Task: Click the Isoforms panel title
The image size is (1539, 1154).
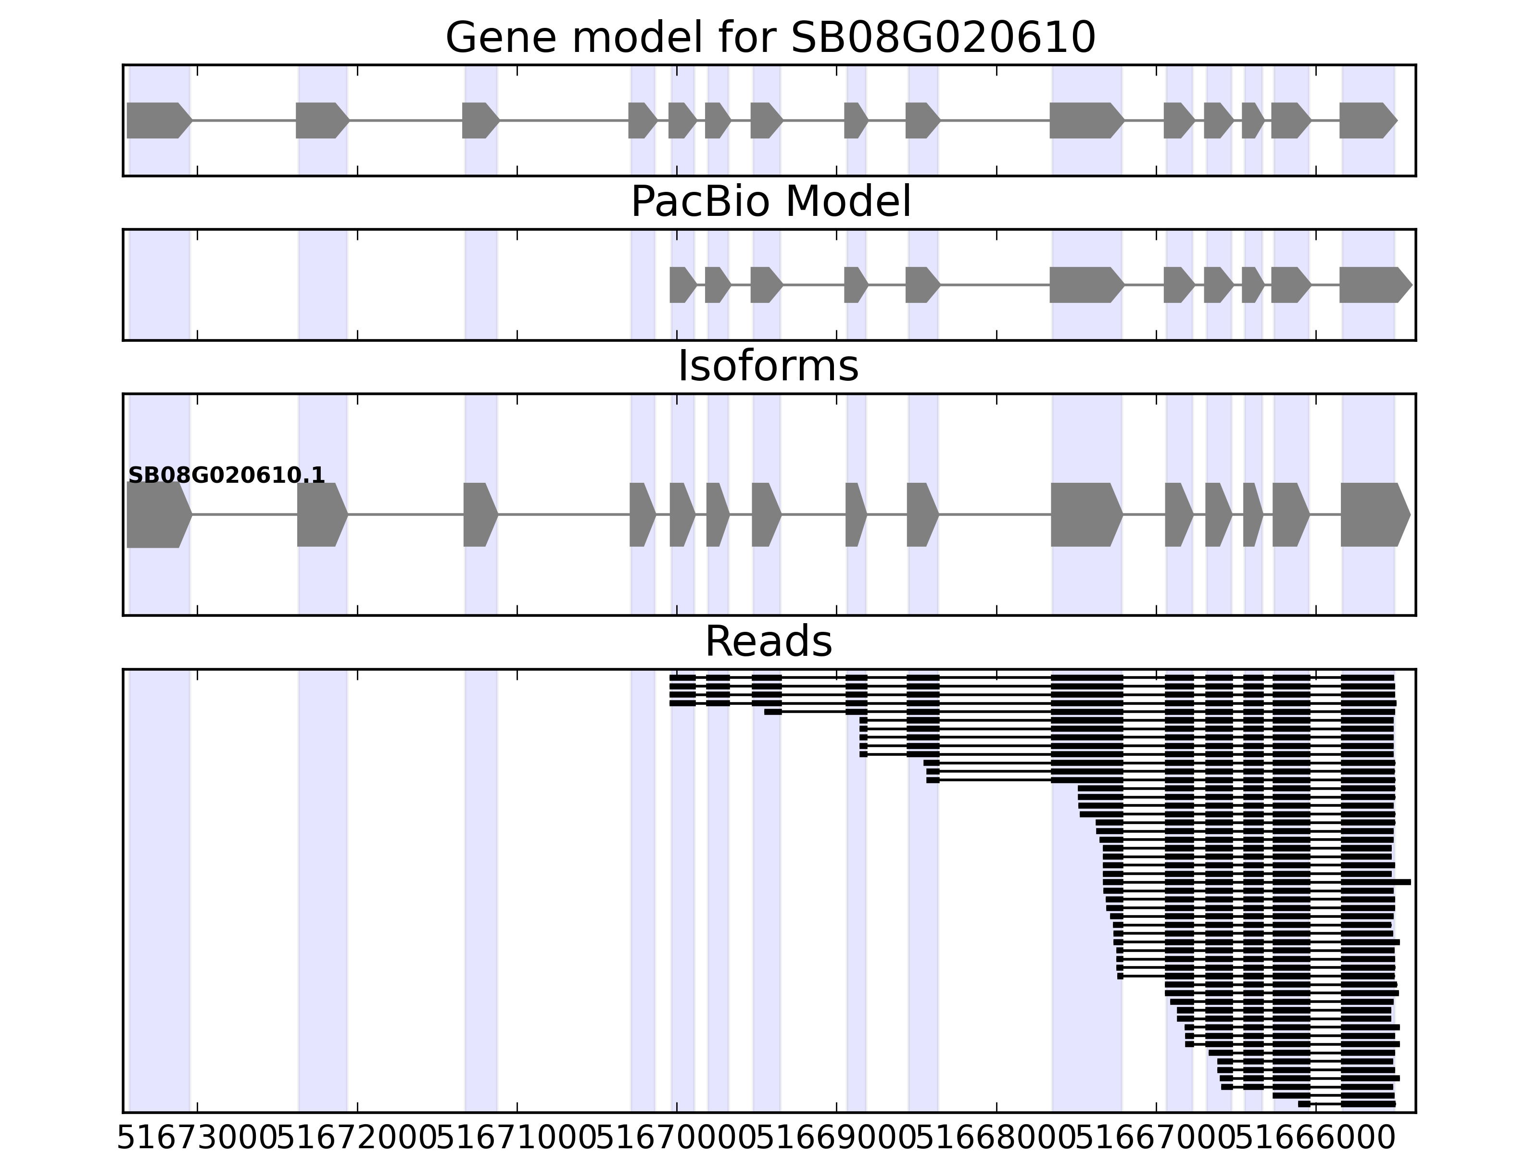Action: [x=768, y=366]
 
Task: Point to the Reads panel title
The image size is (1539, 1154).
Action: [x=768, y=641]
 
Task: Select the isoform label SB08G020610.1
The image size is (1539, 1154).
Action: [x=227, y=475]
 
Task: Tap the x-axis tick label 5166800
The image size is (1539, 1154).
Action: [x=997, y=1139]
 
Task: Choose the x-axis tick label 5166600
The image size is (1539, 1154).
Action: [x=1316, y=1139]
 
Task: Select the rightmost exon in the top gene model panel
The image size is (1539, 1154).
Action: [x=1366, y=120]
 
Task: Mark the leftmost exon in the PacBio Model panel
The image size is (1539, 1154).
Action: [x=682, y=285]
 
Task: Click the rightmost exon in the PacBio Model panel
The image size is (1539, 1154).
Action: [x=1374, y=285]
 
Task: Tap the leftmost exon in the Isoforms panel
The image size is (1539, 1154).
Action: [x=157, y=515]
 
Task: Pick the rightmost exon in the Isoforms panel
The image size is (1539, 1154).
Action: [x=1374, y=515]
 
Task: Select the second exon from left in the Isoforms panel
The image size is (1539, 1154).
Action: [x=321, y=515]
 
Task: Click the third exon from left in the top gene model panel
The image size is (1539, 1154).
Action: [x=479, y=120]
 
